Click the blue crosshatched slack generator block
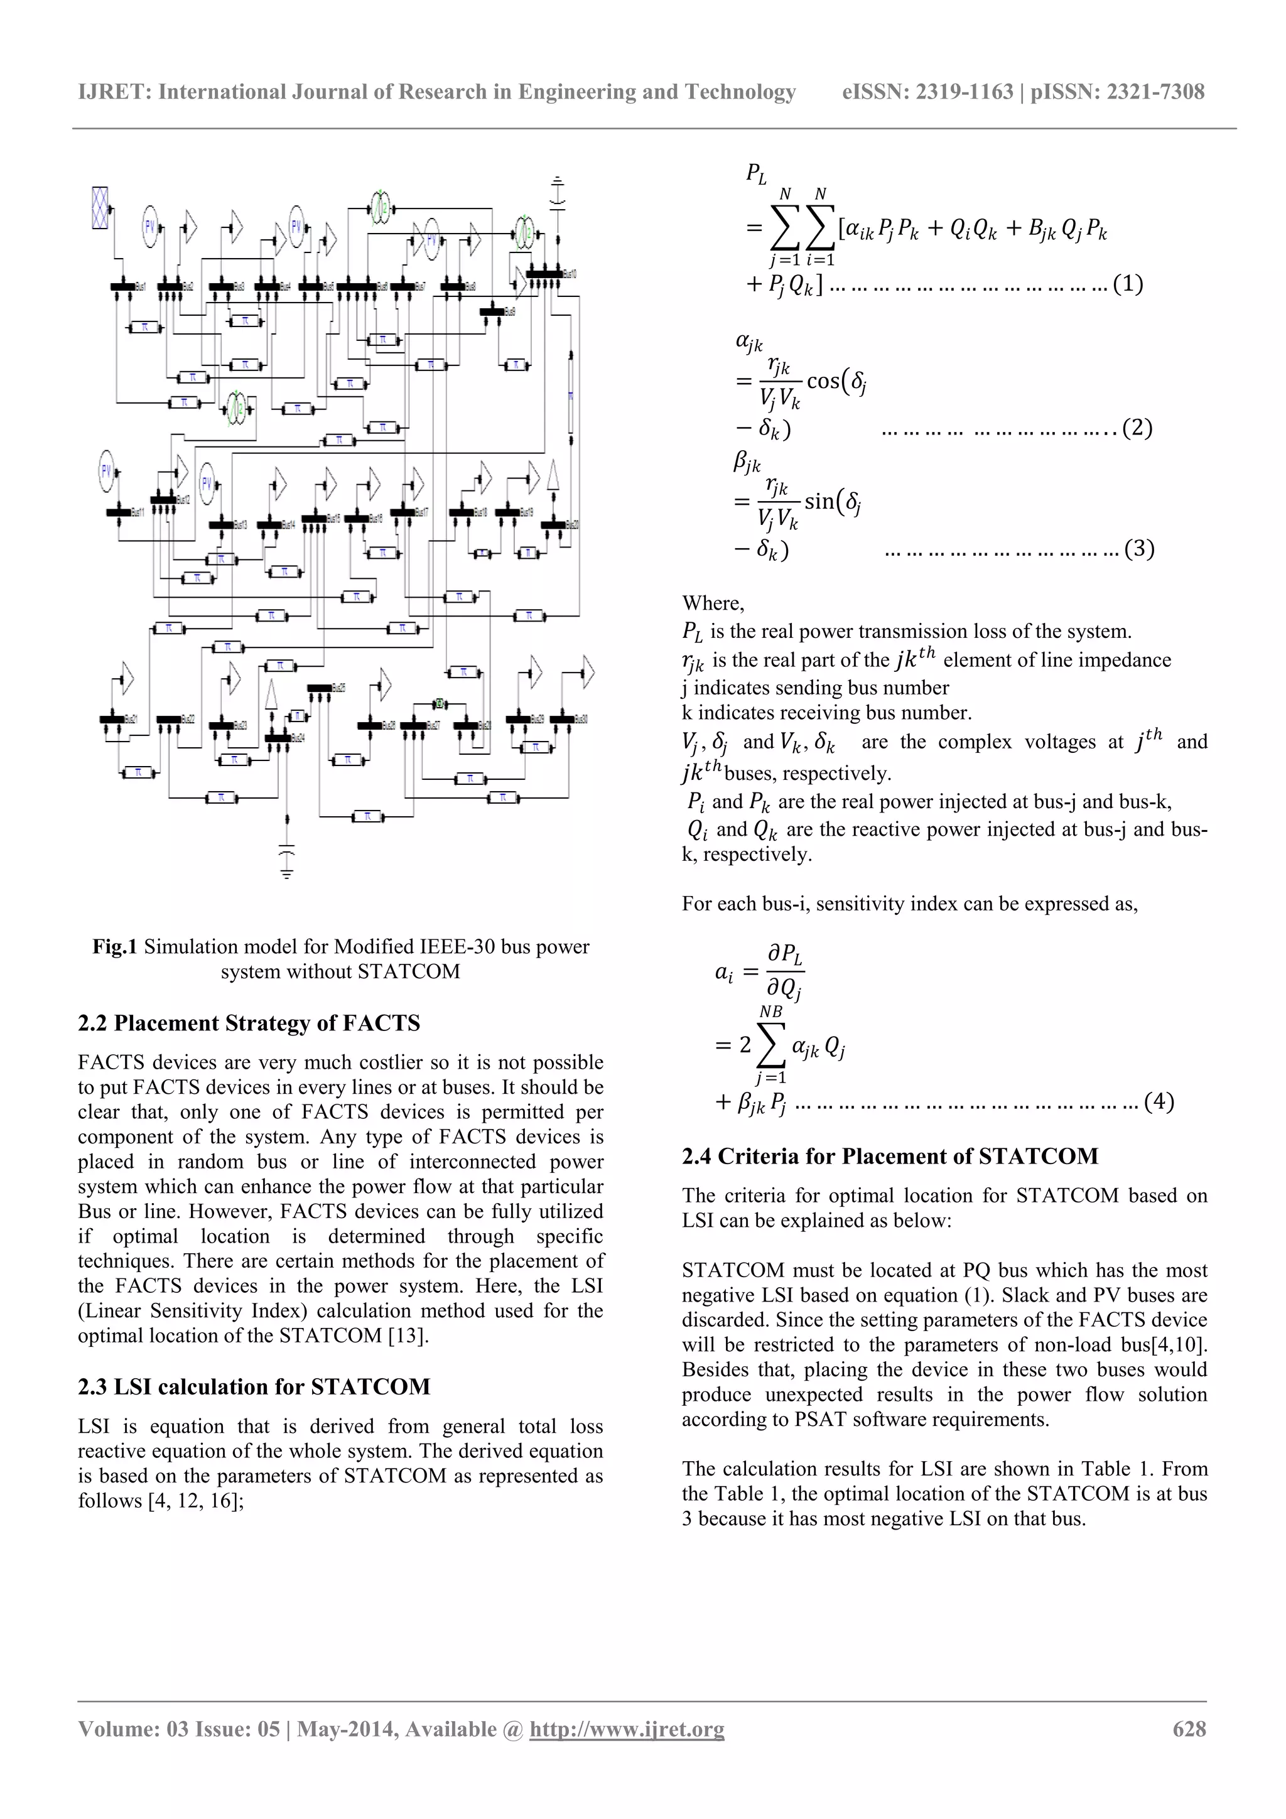pos(100,208)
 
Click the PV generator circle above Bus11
pos(107,470)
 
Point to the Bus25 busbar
pos(320,688)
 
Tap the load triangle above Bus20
pos(553,475)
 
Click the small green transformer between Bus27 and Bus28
pos(439,702)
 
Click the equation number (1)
pos(1128,284)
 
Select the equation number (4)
pos(1159,1101)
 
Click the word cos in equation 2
pos(823,381)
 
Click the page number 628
pos(1189,1729)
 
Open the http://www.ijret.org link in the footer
pos(627,1729)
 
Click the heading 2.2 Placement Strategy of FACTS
pos(249,1023)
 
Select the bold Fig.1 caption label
pos(115,946)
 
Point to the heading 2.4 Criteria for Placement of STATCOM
pos(890,1156)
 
